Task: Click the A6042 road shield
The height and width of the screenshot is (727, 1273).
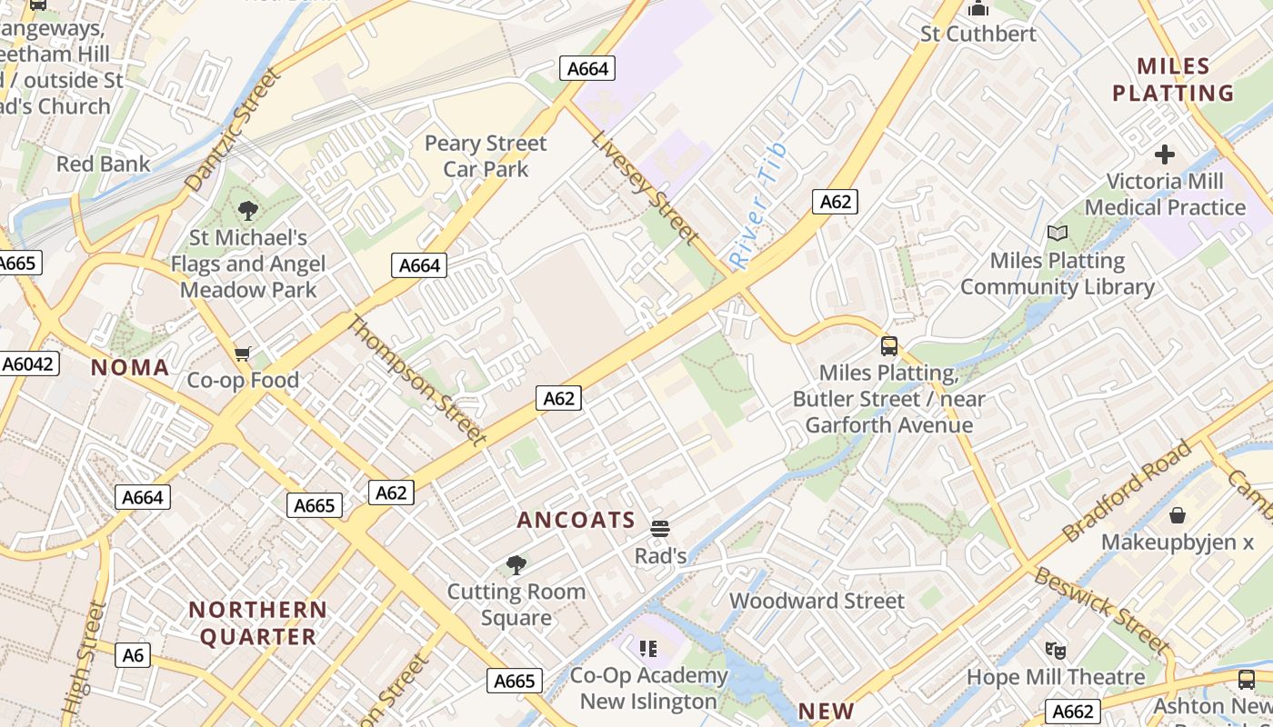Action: [x=28, y=364]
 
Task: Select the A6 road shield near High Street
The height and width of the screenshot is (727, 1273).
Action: [x=133, y=655]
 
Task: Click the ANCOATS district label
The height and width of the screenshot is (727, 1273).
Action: [x=576, y=520]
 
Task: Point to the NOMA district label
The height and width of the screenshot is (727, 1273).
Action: [x=130, y=367]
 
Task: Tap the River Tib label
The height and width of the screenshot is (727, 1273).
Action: [x=757, y=205]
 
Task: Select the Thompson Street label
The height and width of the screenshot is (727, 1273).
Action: [x=417, y=380]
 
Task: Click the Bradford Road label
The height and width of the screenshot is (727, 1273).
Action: [x=1127, y=491]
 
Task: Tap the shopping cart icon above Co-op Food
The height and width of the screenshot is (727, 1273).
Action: [x=242, y=354]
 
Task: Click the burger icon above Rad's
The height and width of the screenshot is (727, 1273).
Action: [x=660, y=529]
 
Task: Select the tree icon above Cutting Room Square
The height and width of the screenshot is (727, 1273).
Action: [x=516, y=565]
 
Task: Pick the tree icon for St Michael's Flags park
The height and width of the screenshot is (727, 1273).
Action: [x=247, y=211]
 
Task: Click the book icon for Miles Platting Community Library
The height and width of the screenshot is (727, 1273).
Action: [x=1057, y=234]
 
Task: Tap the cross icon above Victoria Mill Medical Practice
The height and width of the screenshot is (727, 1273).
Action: [x=1164, y=154]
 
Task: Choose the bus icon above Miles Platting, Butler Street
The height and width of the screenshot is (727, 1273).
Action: [x=889, y=346]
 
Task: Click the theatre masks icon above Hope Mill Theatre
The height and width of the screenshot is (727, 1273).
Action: [x=1055, y=650]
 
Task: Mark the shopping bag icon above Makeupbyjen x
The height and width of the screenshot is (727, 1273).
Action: [x=1178, y=515]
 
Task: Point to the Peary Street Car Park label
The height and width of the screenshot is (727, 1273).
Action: [x=486, y=156]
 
